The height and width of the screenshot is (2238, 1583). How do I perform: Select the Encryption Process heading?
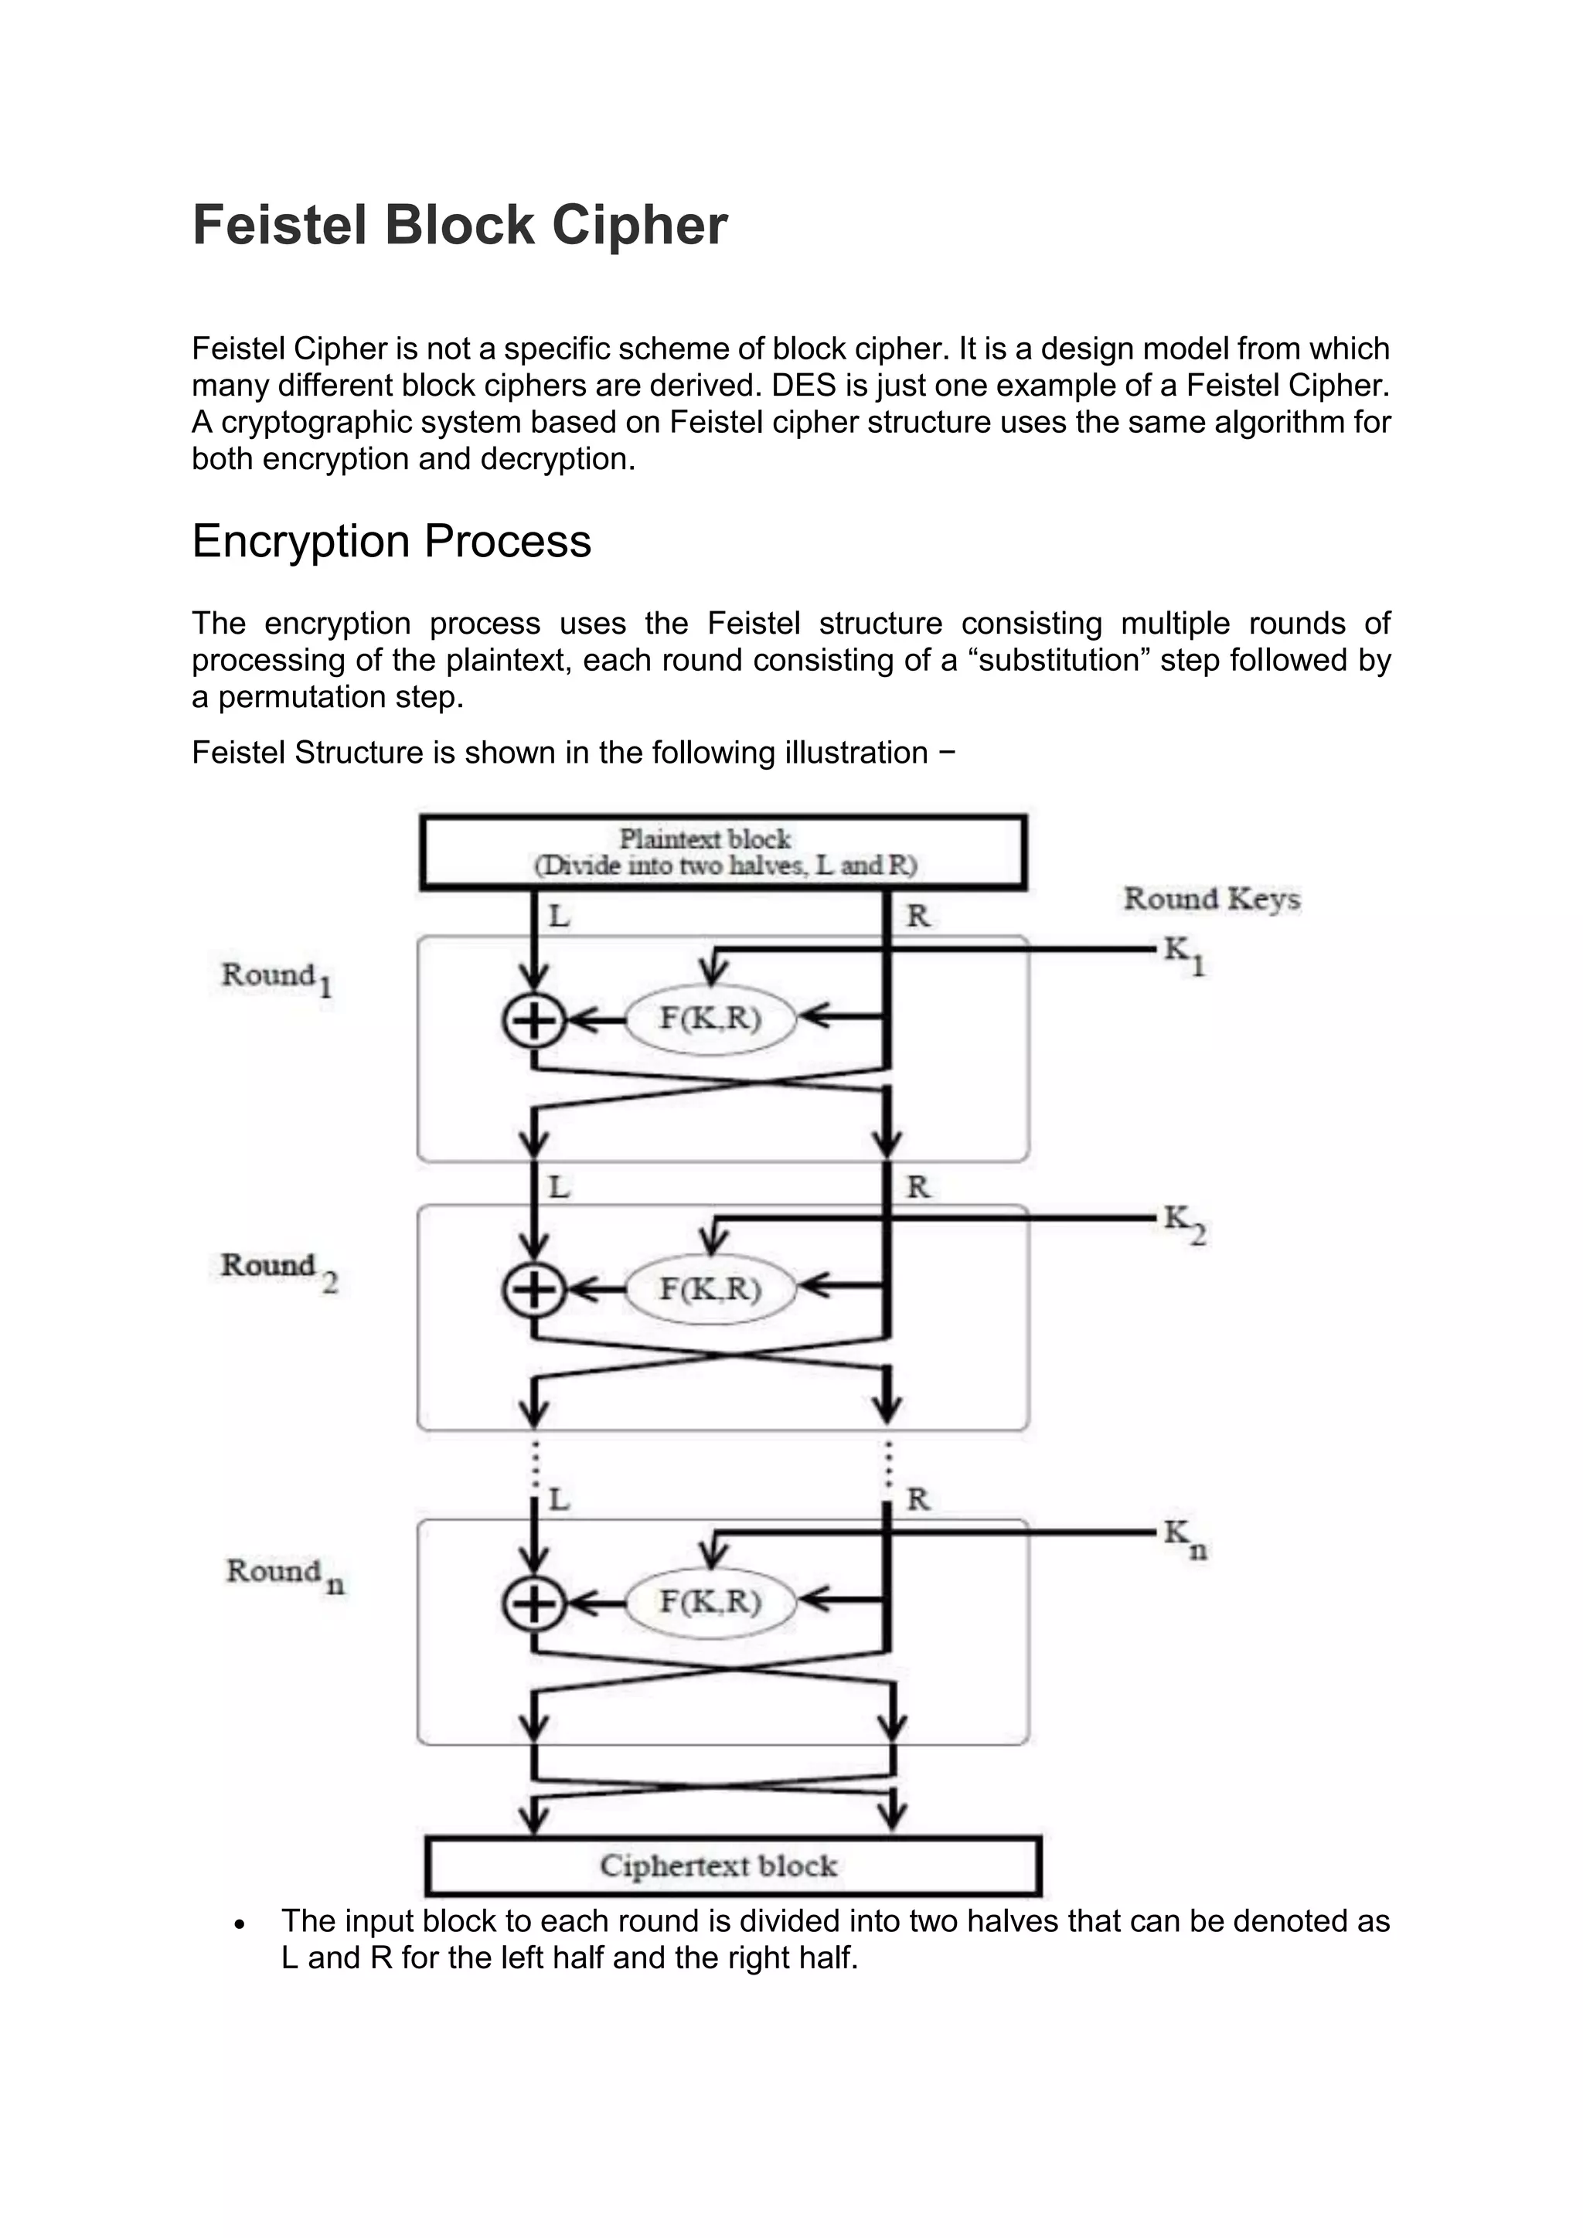(391, 541)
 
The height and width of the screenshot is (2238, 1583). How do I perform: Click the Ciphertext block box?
(733, 1866)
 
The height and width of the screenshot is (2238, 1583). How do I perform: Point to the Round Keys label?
(1212, 899)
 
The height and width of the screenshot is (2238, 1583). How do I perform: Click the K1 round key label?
(1183, 954)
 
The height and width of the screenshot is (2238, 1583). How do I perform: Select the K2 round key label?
(1183, 1224)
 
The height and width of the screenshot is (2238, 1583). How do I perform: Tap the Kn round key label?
(1184, 1538)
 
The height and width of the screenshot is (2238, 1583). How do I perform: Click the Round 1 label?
(277, 977)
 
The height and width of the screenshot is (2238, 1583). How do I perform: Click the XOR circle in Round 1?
(533, 1021)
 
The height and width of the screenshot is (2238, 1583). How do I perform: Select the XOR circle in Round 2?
(533, 1291)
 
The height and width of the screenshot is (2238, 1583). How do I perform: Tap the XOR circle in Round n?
(533, 1604)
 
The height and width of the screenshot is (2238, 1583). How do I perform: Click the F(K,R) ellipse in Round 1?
(710, 1019)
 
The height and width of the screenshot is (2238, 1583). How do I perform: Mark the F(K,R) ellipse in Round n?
(710, 1601)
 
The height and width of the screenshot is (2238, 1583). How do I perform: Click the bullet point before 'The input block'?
(240, 1924)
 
